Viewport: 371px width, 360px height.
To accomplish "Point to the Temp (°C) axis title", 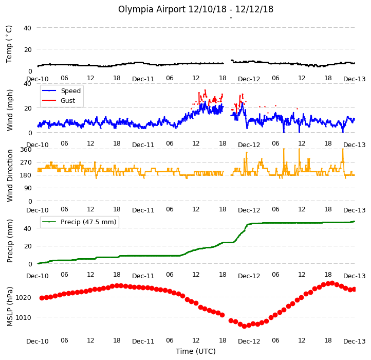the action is [9, 44].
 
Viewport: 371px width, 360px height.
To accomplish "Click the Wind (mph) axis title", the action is [10, 110].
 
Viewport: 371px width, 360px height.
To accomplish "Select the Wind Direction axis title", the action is [10, 175].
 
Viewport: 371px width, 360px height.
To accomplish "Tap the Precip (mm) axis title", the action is [10, 241].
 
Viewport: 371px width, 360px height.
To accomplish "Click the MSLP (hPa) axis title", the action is [10, 307].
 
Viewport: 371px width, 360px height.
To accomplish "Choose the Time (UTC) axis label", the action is [196, 351].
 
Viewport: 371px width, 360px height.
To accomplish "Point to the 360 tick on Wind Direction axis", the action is [26, 150].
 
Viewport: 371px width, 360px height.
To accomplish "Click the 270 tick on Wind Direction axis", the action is [26, 163].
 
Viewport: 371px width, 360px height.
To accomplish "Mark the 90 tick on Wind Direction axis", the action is [28, 188].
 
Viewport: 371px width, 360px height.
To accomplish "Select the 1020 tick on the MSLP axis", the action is [23, 298].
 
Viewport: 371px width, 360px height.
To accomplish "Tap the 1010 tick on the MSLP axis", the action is [23, 318].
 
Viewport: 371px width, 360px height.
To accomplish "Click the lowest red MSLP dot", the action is [245, 326].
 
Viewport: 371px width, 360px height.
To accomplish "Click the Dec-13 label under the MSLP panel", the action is [354, 341].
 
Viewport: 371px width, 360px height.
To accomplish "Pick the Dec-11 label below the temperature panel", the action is [143, 79].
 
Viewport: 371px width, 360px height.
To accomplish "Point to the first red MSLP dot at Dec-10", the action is [42, 298].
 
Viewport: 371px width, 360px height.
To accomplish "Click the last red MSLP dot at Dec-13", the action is [354, 290].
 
